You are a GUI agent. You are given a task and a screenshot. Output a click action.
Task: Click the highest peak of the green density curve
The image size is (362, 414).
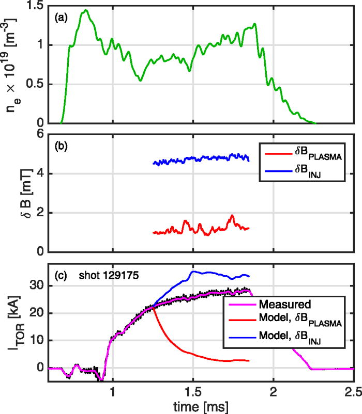pyautogui.click(x=86, y=10)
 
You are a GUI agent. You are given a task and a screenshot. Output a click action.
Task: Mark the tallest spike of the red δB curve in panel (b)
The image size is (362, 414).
pyautogui.click(x=232, y=215)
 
